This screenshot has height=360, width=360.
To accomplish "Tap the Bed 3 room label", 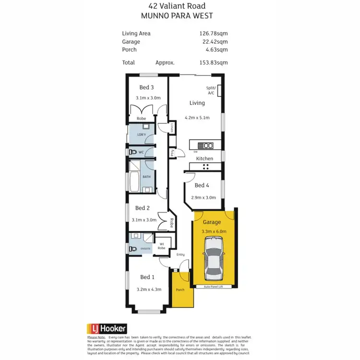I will (x=147, y=87).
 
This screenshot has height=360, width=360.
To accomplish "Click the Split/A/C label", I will (x=211, y=91).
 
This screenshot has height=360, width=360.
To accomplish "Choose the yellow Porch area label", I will (x=180, y=290).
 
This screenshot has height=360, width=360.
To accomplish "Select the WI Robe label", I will (x=162, y=246).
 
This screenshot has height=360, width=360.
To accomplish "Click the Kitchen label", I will (x=204, y=158).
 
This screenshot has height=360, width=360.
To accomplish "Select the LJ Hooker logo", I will (x=107, y=329).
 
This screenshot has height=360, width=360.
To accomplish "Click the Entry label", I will (x=180, y=254).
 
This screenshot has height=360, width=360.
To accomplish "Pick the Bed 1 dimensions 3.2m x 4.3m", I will (x=149, y=289).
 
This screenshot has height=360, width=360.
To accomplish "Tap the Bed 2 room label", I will (x=143, y=208).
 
